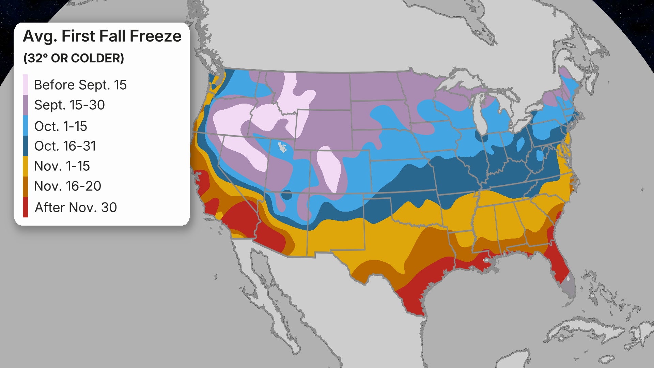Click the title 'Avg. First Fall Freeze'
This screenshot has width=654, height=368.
click(x=102, y=36)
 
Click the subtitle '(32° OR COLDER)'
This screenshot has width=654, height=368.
click(x=74, y=58)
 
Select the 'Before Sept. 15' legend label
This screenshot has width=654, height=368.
click(x=80, y=85)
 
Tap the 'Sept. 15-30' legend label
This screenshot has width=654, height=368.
click(x=69, y=105)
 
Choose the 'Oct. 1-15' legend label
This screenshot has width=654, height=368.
click(x=61, y=126)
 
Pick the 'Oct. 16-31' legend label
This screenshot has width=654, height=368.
click(x=65, y=146)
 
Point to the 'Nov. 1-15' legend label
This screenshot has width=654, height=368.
click(x=62, y=166)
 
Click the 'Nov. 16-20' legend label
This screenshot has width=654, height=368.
click(x=67, y=186)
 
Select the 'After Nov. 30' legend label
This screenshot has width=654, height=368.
click(x=76, y=207)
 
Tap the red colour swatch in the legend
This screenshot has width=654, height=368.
click(x=25, y=207)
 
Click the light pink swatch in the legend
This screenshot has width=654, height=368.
click(x=25, y=85)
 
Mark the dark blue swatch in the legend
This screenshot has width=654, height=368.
click(x=25, y=146)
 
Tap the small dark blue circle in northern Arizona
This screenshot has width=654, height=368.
click(x=287, y=195)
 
